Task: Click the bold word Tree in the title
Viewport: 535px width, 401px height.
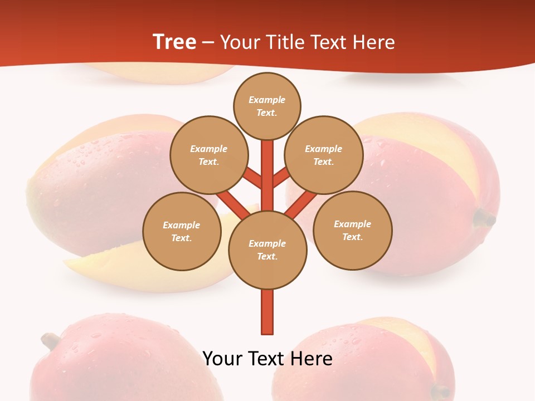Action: tap(174, 42)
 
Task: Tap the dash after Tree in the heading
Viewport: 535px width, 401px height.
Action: tap(208, 43)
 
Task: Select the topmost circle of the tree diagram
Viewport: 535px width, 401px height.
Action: tap(267, 106)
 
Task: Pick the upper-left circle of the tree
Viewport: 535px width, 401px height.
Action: tap(209, 155)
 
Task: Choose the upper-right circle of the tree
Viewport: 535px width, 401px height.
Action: tap(324, 155)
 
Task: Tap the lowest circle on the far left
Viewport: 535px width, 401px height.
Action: tap(182, 231)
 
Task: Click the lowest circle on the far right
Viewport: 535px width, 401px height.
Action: tap(353, 230)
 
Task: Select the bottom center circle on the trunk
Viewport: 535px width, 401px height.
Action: tap(267, 250)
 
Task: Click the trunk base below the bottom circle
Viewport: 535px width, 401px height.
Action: tap(267, 312)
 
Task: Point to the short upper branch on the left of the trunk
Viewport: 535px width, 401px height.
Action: tap(252, 178)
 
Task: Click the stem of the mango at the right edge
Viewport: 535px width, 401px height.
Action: tap(484, 218)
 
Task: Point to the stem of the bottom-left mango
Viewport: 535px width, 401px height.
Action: tap(51, 339)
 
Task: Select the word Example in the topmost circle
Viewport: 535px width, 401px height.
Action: tap(267, 100)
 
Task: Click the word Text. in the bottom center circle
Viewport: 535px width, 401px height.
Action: tap(267, 256)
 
